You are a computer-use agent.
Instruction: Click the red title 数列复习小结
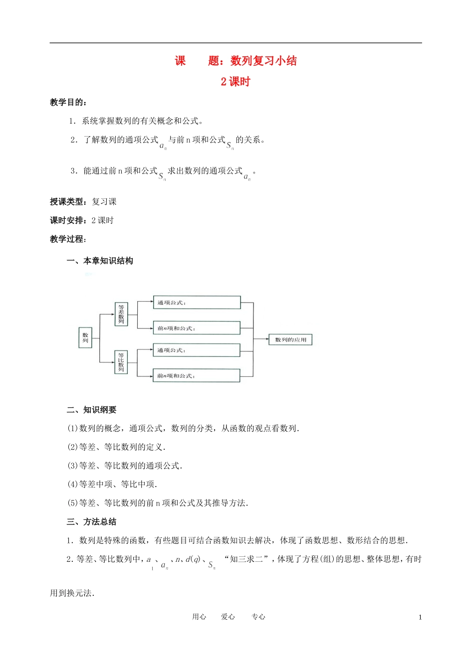click(263, 61)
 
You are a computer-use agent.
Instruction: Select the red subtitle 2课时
click(236, 82)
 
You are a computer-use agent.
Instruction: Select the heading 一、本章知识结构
click(100, 261)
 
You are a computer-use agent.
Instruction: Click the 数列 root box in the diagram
click(85, 337)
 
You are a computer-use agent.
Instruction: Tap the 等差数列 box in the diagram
click(121, 314)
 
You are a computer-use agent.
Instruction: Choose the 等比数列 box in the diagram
click(121, 362)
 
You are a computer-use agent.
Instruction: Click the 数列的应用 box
click(290, 340)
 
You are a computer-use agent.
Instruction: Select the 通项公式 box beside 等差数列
click(197, 302)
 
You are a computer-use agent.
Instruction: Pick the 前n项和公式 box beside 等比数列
click(197, 375)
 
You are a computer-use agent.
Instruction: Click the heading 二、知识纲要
click(92, 410)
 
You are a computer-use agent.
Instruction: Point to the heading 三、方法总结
click(92, 521)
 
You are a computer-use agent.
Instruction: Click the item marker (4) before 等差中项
click(73, 484)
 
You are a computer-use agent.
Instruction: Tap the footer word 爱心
click(228, 617)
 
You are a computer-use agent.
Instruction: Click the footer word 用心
click(199, 617)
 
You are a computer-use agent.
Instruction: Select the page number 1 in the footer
click(420, 617)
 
